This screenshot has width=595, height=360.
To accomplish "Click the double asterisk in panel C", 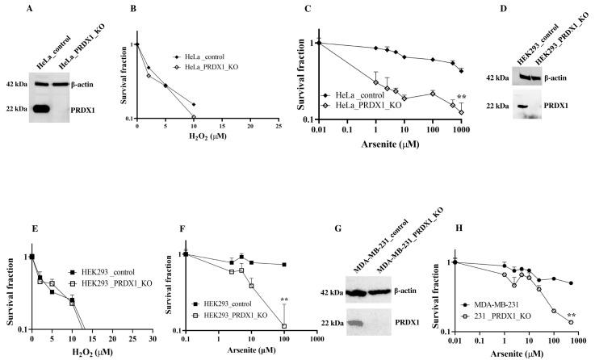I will pyautogui.click(x=461, y=95).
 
